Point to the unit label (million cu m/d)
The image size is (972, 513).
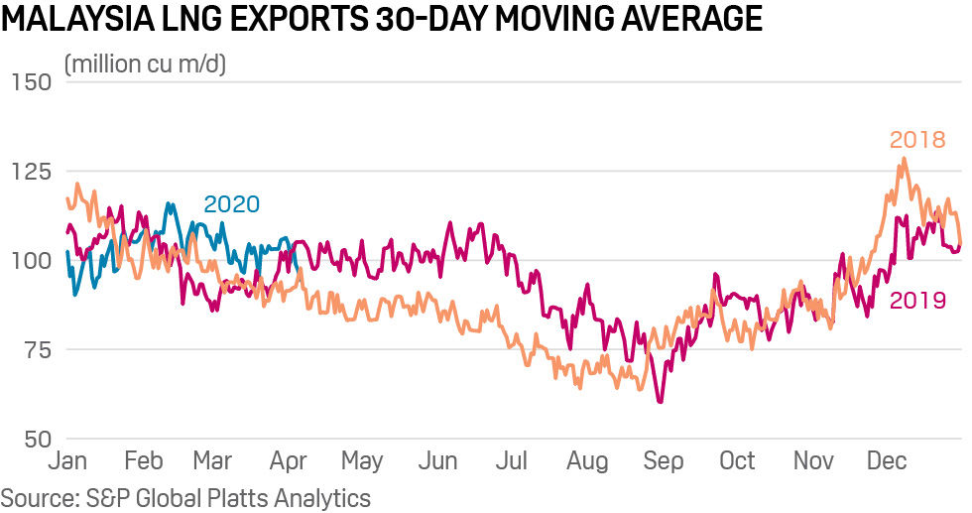click(x=146, y=65)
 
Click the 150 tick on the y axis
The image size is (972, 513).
click(x=30, y=81)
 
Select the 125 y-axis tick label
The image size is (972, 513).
click(x=30, y=171)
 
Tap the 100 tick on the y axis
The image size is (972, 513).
click(x=30, y=260)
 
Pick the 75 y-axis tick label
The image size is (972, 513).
click(x=36, y=349)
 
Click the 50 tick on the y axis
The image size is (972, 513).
click(x=36, y=438)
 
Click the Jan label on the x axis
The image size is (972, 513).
click(x=67, y=461)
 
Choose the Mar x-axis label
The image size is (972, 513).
click(x=211, y=461)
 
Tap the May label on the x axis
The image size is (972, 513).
click(x=362, y=461)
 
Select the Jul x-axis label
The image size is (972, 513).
click(x=513, y=461)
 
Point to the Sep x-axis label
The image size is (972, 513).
click(x=664, y=461)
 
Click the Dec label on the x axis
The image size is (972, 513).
click(x=887, y=461)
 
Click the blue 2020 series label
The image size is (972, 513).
click(x=231, y=204)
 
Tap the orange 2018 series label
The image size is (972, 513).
click(x=917, y=140)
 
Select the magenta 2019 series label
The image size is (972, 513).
click(x=917, y=301)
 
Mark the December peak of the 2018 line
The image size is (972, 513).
click(x=903, y=159)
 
